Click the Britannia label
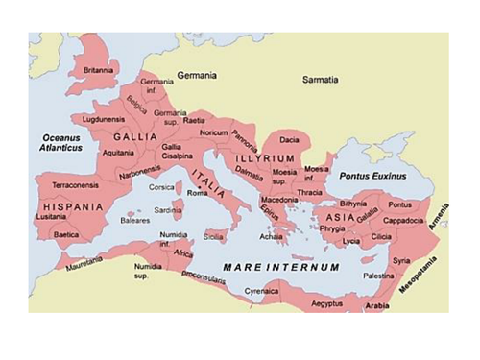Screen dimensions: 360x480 (98, 70)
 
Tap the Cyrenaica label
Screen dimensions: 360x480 (260, 287)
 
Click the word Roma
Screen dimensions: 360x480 (198, 194)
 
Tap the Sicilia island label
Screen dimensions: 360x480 (214, 236)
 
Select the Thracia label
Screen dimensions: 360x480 (310, 192)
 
